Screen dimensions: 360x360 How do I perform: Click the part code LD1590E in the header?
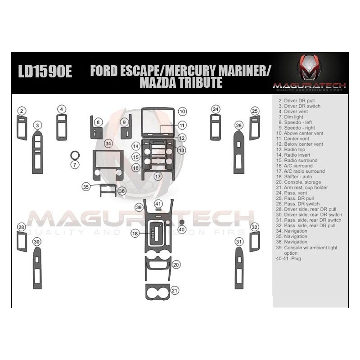point(45,71)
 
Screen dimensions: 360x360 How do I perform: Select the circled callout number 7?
point(75,165)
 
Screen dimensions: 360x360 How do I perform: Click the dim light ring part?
point(75,155)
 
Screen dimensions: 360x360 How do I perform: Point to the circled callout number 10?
point(182,112)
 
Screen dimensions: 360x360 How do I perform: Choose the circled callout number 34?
point(108,144)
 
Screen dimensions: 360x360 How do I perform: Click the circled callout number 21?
point(175,291)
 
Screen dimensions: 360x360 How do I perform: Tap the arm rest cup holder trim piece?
point(158,292)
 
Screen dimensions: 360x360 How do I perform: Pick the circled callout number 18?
point(135,234)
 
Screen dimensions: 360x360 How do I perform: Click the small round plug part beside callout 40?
point(182,222)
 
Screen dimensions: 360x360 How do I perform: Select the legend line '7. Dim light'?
point(291,117)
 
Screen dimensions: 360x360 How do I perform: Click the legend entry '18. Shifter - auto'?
point(294,176)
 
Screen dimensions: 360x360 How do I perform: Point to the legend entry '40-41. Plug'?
point(288,258)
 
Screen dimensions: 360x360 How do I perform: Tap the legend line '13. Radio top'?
point(291,149)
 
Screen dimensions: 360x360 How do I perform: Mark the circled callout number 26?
point(239,126)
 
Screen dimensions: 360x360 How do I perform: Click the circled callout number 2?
point(22,111)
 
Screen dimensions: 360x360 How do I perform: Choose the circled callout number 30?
point(37,242)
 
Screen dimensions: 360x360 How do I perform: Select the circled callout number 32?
point(254,227)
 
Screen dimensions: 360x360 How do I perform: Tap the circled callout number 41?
point(158,204)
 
